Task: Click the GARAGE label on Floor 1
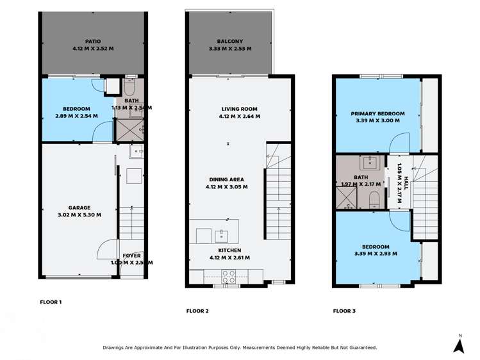point(80,208)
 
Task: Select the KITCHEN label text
point(228,250)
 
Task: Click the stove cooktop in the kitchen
point(228,275)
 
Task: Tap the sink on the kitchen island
point(223,234)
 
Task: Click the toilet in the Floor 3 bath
point(377,202)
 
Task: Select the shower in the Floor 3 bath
point(344,199)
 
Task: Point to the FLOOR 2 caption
point(197,311)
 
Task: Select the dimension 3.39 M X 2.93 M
point(376,254)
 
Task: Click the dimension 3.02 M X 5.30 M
point(80,215)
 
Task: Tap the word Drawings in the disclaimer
point(116,347)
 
